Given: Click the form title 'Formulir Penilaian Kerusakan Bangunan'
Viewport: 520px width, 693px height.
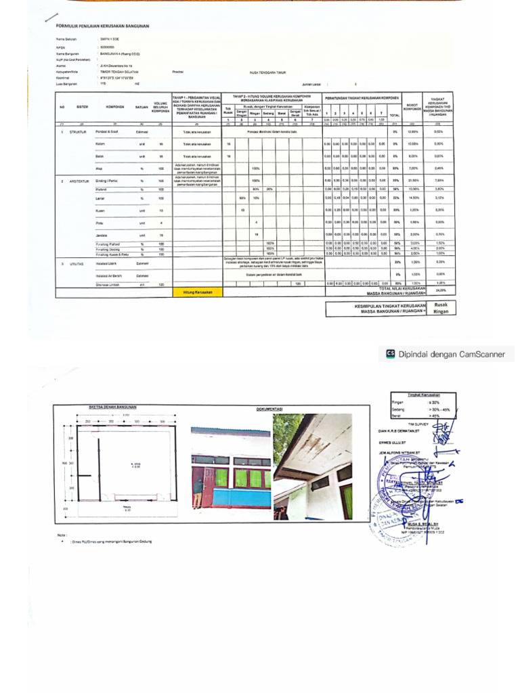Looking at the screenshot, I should click(102, 26).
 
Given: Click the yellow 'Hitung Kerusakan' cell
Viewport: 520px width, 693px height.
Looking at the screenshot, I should click(198, 292).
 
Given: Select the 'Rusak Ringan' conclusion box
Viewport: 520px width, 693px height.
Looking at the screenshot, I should click(441, 309).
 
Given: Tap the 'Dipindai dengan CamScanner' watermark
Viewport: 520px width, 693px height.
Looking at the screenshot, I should click(456, 353).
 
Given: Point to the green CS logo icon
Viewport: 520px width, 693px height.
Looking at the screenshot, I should click(390, 353).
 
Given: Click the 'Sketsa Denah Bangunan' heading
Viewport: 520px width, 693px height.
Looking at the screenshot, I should click(113, 407).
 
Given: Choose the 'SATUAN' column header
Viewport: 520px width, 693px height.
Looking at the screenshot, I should click(142, 107).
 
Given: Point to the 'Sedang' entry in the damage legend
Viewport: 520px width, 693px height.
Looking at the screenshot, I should click(398, 409).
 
